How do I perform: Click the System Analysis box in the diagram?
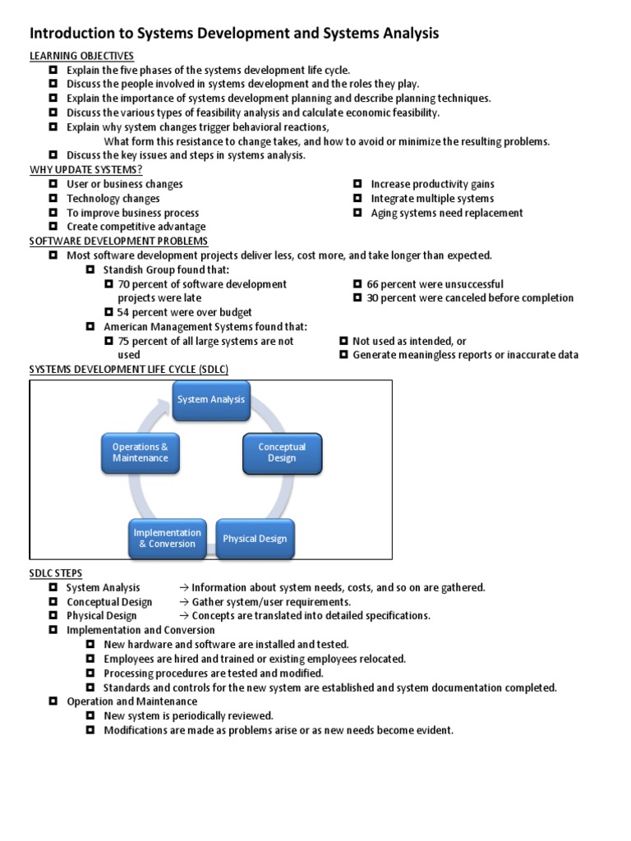click(211, 400)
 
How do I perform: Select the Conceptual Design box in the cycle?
click(282, 453)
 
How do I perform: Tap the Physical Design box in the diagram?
click(255, 539)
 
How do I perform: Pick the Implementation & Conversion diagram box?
click(167, 538)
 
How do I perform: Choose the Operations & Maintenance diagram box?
click(140, 453)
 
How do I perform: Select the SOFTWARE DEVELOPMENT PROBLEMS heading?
click(118, 241)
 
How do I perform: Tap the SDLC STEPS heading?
click(56, 572)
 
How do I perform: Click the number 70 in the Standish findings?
click(125, 284)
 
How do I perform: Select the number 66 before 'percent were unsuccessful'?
click(373, 284)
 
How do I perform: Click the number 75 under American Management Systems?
click(125, 341)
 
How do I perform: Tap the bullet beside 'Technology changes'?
click(53, 198)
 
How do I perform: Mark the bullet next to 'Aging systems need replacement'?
click(357, 213)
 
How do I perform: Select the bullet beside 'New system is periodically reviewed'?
click(90, 716)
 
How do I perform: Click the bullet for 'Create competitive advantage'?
click(53, 227)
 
